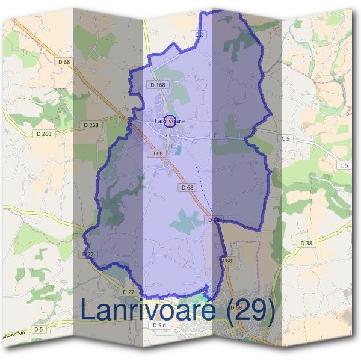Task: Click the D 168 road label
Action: (156, 85)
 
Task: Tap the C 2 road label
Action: (199, 34)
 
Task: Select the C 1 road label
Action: (217, 135)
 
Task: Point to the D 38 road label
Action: (306, 243)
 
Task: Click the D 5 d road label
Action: (158, 326)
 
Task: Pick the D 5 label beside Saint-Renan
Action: (39, 329)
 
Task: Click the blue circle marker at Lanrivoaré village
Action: (170, 121)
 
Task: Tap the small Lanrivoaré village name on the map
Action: (168, 122)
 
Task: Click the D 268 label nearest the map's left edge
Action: (43, 134)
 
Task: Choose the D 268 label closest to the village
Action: (90, 125)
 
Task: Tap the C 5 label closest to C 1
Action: (285, 139)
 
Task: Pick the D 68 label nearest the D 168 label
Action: (157, 153)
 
